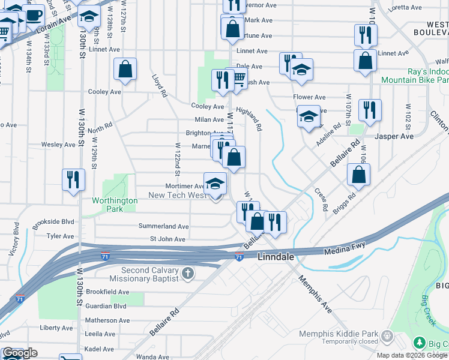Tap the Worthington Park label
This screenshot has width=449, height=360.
tap(115, 205)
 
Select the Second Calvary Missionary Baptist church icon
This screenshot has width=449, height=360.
tap(188, 274)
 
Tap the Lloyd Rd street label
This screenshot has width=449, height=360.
tap(158, 86)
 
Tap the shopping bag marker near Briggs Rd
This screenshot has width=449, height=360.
tap(358, 174)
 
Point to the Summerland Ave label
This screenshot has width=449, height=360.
tap(164, 227)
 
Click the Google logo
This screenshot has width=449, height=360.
tap(20, 353)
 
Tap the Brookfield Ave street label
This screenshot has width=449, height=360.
tap(107, 292)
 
